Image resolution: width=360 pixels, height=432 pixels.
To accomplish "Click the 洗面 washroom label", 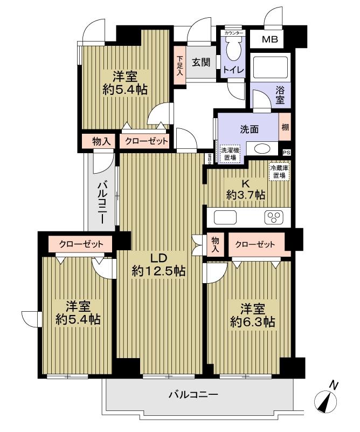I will point(249,129).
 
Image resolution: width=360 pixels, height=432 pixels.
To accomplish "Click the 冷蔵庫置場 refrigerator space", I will point(279,172).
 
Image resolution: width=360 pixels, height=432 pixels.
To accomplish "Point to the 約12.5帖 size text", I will point(159,271).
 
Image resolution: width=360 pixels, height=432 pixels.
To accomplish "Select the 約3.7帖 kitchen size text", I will point(245,195).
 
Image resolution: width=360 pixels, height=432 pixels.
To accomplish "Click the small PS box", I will point(286,153).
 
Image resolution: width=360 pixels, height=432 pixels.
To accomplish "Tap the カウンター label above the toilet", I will point(233,33).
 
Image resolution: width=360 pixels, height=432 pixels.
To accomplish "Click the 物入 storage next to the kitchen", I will point(215,244).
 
